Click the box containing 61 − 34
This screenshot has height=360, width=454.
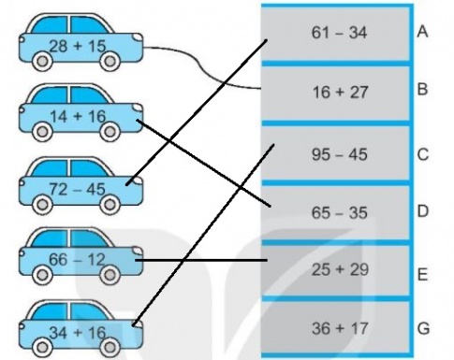pyautogui.click(x=337, y=34)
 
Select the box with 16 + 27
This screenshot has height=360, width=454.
pyautogui.click(x=337, y=93)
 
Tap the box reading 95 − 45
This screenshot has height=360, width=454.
pyautogui.click(x=337, y=152)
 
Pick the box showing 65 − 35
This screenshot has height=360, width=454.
pyautogui.click(x=337, y=212)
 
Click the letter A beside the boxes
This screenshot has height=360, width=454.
pyautogui.click(x=423, y=31)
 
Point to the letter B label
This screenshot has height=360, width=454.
pyautogui.click(x=423, y=92)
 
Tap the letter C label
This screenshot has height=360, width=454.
pyautogui.click(x=423, y=151)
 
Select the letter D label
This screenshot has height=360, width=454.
pyautogui.click(x=423, y=212)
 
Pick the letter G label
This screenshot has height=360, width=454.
pyautogui.click(x=423, y=329)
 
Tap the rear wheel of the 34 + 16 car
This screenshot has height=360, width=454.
pyautogui.click(x=42, y=347)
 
